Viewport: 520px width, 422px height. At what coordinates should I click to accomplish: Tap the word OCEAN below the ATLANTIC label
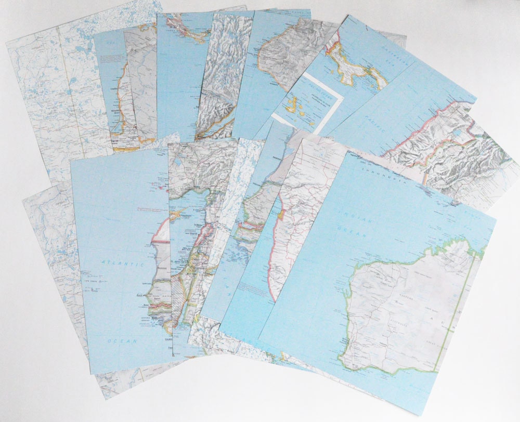pos(122,341)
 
